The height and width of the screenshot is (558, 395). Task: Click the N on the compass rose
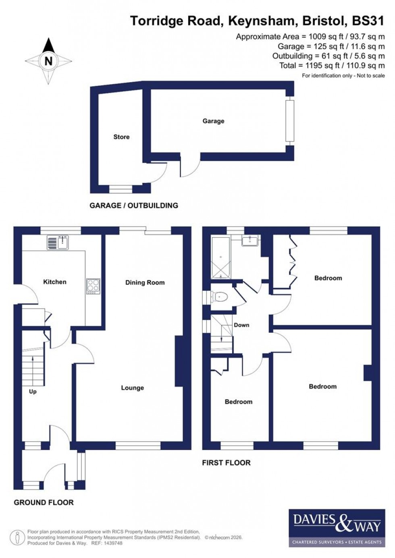point(48,61)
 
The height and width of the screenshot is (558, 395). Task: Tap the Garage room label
point(213,121)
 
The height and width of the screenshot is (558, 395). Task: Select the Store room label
point(121,137)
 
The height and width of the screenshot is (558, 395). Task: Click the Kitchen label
point(55,282)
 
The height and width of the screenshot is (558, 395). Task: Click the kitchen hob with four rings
point(93,286)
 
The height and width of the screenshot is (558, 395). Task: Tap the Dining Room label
point(145,283)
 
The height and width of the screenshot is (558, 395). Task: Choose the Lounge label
point(132,388)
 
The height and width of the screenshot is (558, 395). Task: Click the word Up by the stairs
point(33,392)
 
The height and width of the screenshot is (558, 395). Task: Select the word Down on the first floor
point(241,325)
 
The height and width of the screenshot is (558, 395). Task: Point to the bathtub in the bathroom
point(221,258)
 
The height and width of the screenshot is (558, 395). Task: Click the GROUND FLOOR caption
point(44,502)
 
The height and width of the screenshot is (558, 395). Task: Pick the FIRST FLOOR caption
point(226,463)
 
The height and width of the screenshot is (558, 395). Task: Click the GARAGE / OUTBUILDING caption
point(134,205)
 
